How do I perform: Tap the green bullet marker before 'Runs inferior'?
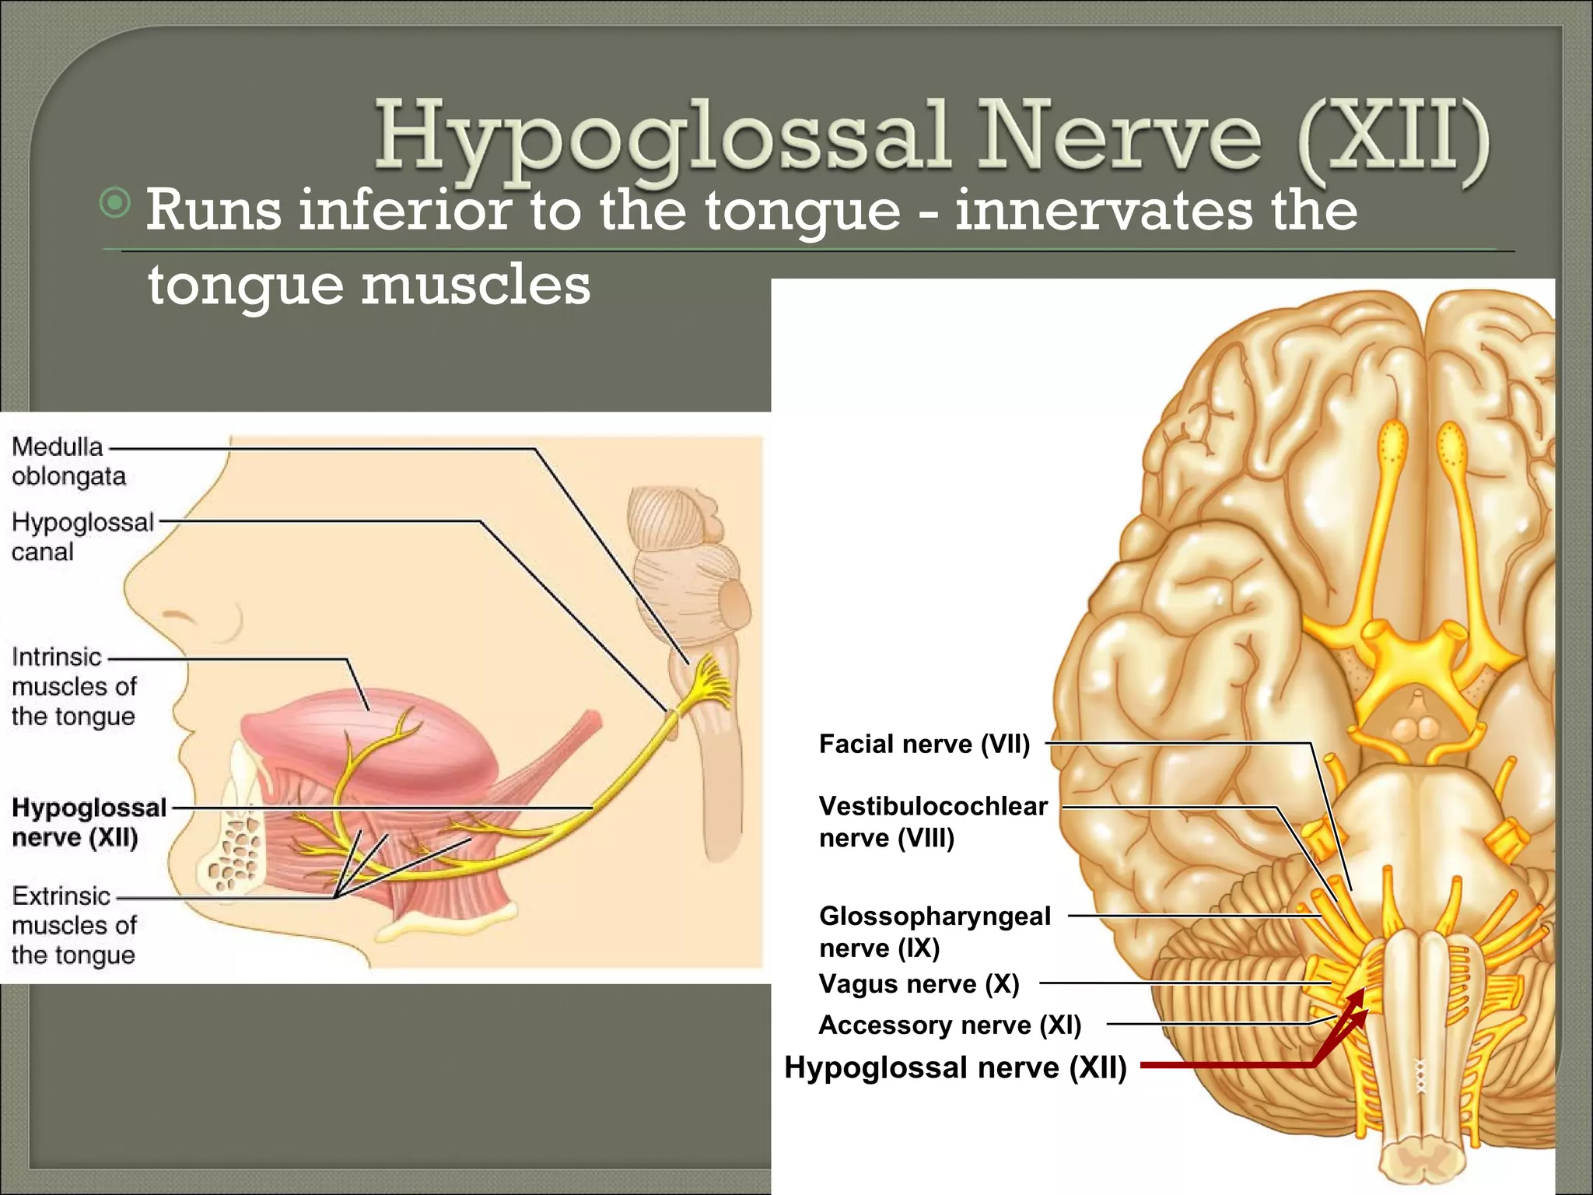(x=116, y=204)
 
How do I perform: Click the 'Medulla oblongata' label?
(x=68, y=461)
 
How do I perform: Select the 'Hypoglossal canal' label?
(x=82, y=537)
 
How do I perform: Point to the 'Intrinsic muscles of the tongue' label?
(x=74, y=686)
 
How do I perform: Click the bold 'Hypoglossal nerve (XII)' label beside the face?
(x=89, y=822)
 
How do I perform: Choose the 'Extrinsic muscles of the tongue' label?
(x=74, y=925)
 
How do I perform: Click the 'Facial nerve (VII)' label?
(x=924, y=745)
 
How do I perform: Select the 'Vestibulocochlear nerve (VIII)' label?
(x=933, y=822)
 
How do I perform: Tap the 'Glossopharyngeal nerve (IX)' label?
(x=934, y=931)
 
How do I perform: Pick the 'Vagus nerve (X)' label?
(x=919, y=984)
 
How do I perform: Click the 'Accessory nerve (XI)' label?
(x=950, y=1025)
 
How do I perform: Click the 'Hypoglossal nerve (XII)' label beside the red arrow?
(x=955, y=1067)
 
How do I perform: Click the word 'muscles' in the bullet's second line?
(x=476, y=285)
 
